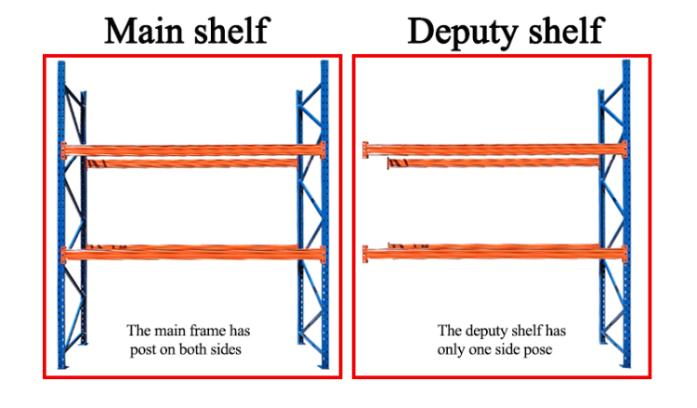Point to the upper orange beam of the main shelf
coord(193,150)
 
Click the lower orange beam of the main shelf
coord(193,252)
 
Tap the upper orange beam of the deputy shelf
coord(493,150)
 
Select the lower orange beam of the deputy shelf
coord(493,252)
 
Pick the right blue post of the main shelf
coord(324,214)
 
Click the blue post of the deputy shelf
coord(624,214)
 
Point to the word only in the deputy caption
coord(451,349)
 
